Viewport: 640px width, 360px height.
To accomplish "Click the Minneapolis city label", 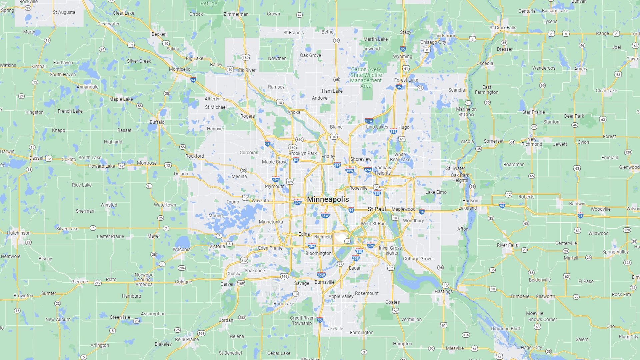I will click(x=328, y=199).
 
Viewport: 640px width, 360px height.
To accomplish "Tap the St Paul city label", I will click(x=377, y=209).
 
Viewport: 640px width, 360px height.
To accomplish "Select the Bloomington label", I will click(x=318, y=253).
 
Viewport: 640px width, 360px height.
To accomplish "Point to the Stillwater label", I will click(x=455, y=168).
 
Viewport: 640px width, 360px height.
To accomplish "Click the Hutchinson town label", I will click(x=19, y=233).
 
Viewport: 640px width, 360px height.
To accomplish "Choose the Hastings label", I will click(x=444, y=291).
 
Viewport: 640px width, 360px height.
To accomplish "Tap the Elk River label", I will click(x=247, y=70).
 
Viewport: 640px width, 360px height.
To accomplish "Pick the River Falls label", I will click(x=507, y=245).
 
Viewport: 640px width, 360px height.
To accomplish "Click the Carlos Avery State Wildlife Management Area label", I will click(x=366, y=78).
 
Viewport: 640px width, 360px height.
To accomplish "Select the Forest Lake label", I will click(x=406, y=80).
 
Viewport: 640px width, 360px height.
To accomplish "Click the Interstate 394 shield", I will click(x=298, y=202).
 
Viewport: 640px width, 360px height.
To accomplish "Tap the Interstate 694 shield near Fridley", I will click(x=337, y=165).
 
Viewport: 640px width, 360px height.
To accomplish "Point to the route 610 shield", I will click(x=299, y=140).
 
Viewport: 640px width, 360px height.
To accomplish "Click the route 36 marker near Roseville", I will click(x=376, y=187).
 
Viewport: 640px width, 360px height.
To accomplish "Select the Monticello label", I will click(x=180, y=69).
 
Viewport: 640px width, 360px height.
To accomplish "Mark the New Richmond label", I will click(x=532, y=142).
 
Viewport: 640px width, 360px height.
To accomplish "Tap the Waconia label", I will click(x=182, y=250).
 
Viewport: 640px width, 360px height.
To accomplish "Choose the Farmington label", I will click(x=362, y=333).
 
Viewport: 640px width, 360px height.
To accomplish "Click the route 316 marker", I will click(x=466, y=335).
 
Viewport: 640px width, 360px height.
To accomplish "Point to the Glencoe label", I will click(x=80, y=282).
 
